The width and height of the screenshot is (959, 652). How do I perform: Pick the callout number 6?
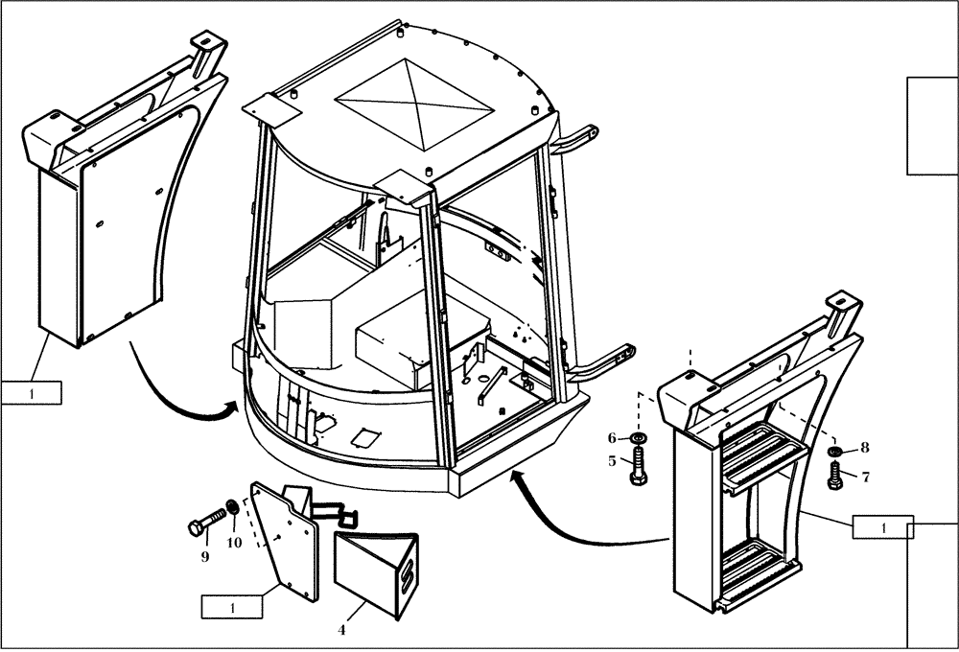pyautogui.click(x=612, y=438)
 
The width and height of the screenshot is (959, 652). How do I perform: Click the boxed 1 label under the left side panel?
pyautogui.click(x=32, y=391)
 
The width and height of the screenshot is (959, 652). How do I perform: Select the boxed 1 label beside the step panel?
pyautogui.click(x=882, y=526)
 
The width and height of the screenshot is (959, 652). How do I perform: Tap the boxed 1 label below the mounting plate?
pyautogui.click(x=230, y=606)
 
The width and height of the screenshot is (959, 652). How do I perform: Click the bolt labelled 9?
pyautogui.click(x=206, y=524)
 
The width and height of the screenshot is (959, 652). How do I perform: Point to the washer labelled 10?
pyautogui.click(x=231, y=508)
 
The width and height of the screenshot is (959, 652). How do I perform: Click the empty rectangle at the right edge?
pyautogui.click(x=932, y=126)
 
